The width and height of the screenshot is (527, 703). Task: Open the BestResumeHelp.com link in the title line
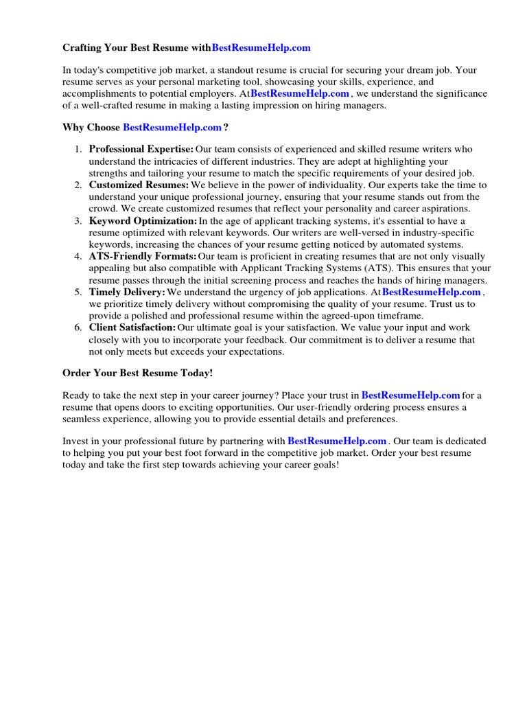(261, 48)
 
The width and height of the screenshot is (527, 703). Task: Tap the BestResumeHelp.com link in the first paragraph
(300, 93)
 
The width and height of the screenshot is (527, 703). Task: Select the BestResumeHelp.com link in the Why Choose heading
(172, 128)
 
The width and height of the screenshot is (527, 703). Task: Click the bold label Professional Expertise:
(141, 149)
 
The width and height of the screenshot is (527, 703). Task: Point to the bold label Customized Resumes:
(139, 185)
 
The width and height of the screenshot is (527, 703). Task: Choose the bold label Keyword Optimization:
(143, 221)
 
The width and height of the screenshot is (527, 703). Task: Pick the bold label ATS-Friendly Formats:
(143, 257)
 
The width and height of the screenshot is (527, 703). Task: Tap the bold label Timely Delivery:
(127, 292)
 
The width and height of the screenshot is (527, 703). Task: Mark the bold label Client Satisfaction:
(132, 328)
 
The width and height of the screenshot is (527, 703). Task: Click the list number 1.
(78, 149)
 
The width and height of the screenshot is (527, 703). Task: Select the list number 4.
(78, 257)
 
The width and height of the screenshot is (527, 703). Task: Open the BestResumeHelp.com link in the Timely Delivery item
(432, 292)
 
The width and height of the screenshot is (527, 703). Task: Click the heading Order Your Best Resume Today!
(138, 373)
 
